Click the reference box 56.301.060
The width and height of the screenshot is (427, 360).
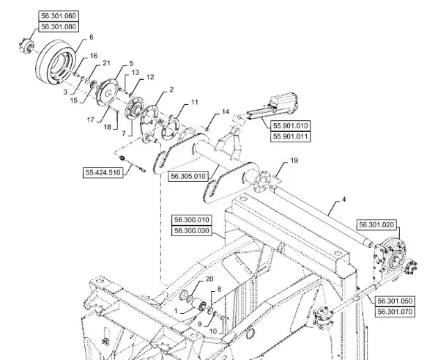[x=59, y=16]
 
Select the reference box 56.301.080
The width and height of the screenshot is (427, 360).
[x=59, y=26]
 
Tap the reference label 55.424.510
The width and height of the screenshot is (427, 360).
[x=103, y=173]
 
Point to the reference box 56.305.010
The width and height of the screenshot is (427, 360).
[x=188, y=176]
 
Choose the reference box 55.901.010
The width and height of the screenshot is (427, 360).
[x=290, y=126]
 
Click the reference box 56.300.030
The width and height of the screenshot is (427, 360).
[x=192, y=231]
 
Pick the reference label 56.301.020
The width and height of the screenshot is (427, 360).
[x=376, y=225]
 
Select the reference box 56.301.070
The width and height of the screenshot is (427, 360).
[x=395, y=312]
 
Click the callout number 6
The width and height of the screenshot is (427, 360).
[x=92, y=37]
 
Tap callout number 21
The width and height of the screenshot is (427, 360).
[x=106, y=63]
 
